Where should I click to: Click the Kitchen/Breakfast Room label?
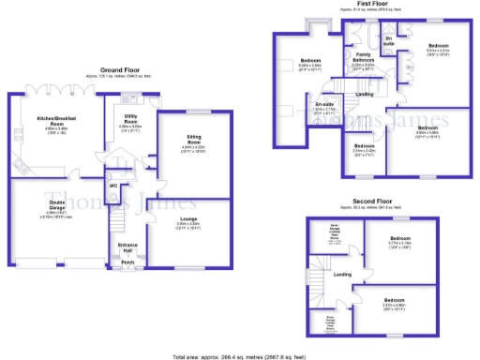58,121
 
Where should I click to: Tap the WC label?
112,186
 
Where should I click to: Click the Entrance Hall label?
127,247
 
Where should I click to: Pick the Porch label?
127,262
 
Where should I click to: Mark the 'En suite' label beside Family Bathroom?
388,40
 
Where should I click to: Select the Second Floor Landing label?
343,275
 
